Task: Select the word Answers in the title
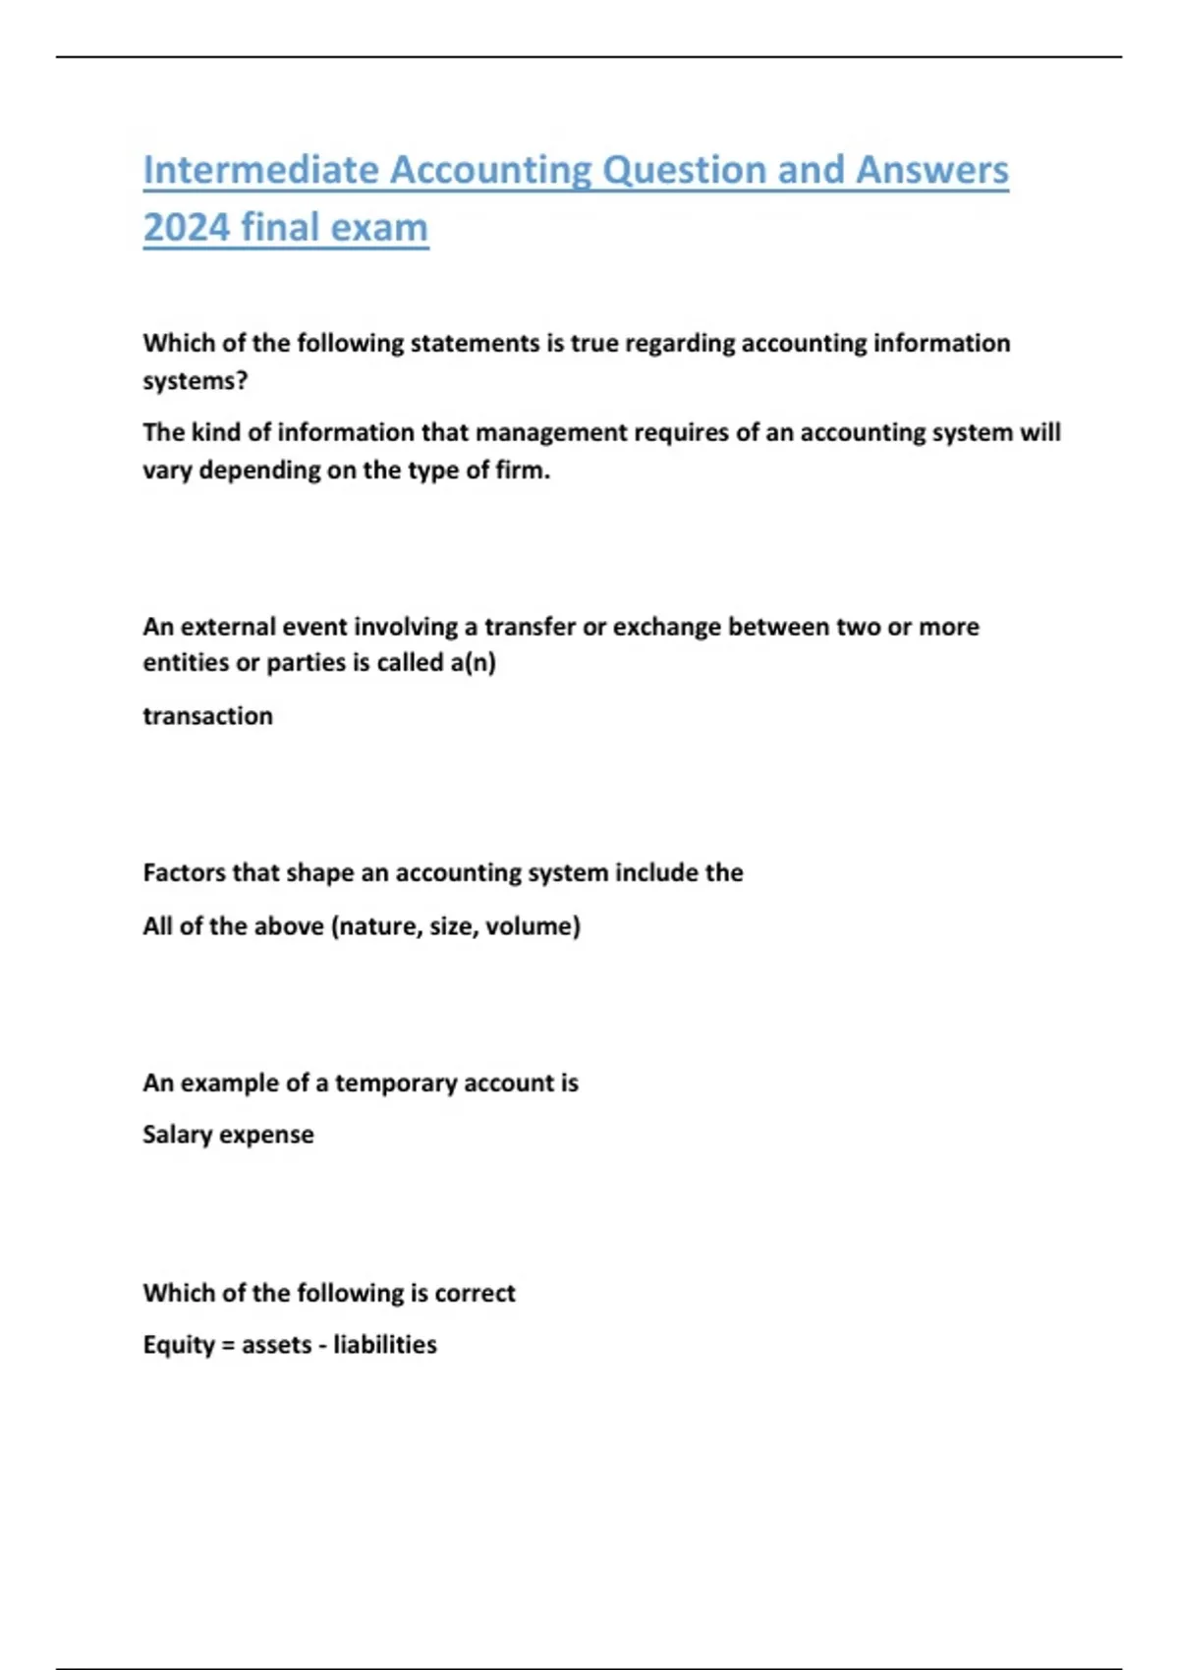pos(931,170)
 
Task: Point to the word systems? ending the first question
pos(196,380)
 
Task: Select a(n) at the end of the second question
pos(473,663)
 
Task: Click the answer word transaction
pos(207,716)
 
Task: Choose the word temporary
pos(395,1083)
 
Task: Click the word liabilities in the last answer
pos(384,1345)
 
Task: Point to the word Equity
pos(178,1345)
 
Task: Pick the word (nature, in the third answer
pos(376,926)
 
